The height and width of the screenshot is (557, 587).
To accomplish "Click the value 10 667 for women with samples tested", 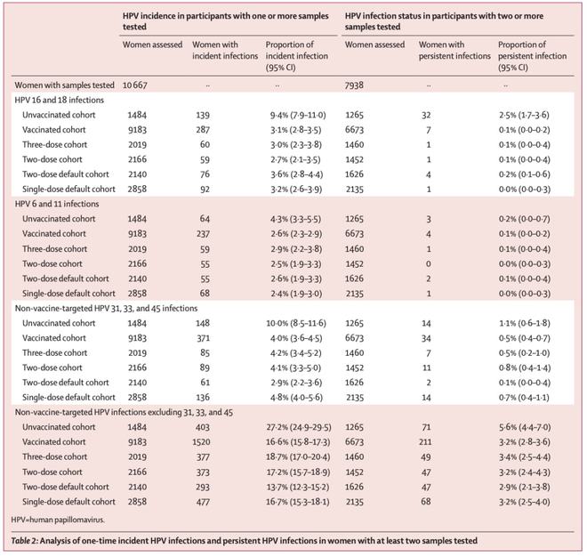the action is point(135,85).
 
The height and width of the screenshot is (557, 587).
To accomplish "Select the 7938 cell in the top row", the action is point(354,85).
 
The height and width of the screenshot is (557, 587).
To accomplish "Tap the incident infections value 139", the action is point(203,115).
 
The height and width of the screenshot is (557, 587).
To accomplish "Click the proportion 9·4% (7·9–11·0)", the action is point(298,115).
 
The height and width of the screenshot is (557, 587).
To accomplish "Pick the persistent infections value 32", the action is point(426,115).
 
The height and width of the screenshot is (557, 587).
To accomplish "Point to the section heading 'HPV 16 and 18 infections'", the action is point(60,100).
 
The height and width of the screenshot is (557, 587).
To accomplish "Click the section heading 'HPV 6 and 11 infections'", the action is point(57,204).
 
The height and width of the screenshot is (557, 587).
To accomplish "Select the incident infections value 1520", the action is point(201,442).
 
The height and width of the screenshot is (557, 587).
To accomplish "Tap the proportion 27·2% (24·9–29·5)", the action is point(298,427).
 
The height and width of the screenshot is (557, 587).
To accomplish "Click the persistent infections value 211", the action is point(425,442).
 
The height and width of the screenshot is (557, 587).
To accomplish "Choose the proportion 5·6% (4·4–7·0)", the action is point(525,427).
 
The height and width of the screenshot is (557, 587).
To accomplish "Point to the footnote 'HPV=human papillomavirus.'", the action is point(58,520).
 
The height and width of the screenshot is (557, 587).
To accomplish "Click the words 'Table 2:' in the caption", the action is point(24,541).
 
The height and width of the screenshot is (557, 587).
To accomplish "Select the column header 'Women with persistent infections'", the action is point(454,50).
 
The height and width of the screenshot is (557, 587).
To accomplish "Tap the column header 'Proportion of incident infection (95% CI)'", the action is point(297,56).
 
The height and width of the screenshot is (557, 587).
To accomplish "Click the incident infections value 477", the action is point(203,502).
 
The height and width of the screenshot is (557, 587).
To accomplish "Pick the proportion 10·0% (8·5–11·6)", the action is point(296,323).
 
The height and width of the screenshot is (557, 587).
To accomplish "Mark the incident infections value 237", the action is point(203,234).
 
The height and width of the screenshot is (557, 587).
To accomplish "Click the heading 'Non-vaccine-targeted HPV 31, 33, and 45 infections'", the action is point(106,308).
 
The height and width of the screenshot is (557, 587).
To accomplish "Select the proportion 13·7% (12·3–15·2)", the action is point(298,487).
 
